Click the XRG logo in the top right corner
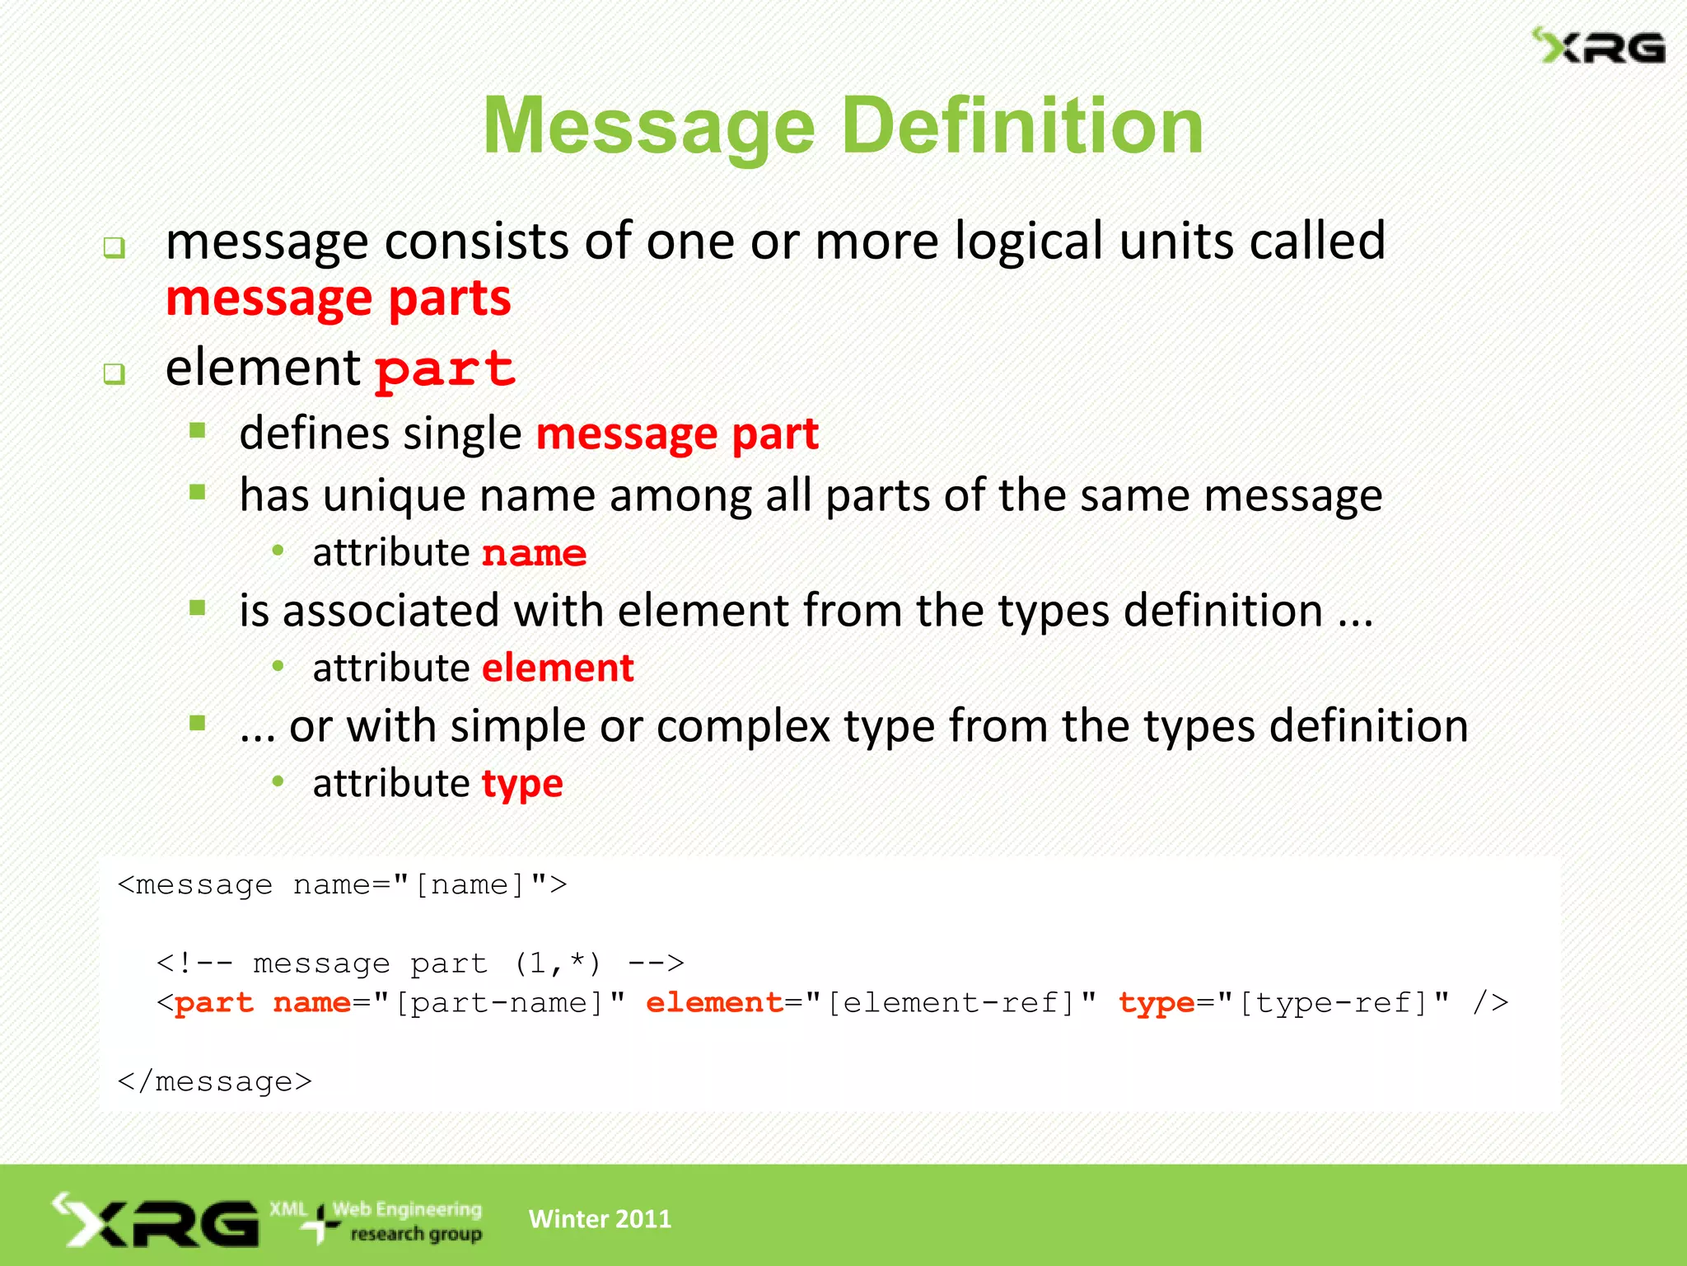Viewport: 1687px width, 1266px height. click(x=1598, y=46)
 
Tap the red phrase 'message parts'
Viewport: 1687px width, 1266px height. click(x=338, y=298)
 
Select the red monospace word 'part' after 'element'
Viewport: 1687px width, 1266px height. click(x=445, y=368)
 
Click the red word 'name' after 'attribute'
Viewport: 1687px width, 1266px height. click(x=534, y=553)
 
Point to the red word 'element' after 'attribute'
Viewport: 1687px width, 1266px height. click(x=558, y=668)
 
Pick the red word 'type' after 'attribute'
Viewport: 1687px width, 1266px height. click(x=522, y=784)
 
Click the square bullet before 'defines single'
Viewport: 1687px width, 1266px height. click(x=198, y=430)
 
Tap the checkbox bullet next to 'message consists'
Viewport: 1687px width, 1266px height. click(x=114, y=247)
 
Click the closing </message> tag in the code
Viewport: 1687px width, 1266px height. click(x=215, y=1081)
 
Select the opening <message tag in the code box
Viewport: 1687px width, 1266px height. click(x=195, y=884)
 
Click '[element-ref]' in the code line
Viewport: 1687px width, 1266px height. click(x=951, y=1003)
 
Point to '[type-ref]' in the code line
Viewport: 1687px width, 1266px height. click(x=1334, y=1003)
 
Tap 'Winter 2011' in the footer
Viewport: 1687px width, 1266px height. click(x=600, y=1218)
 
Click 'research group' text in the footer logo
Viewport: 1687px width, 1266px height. click(x=416, y=1234)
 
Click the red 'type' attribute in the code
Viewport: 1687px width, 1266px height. click(x=1156, y=1003)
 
